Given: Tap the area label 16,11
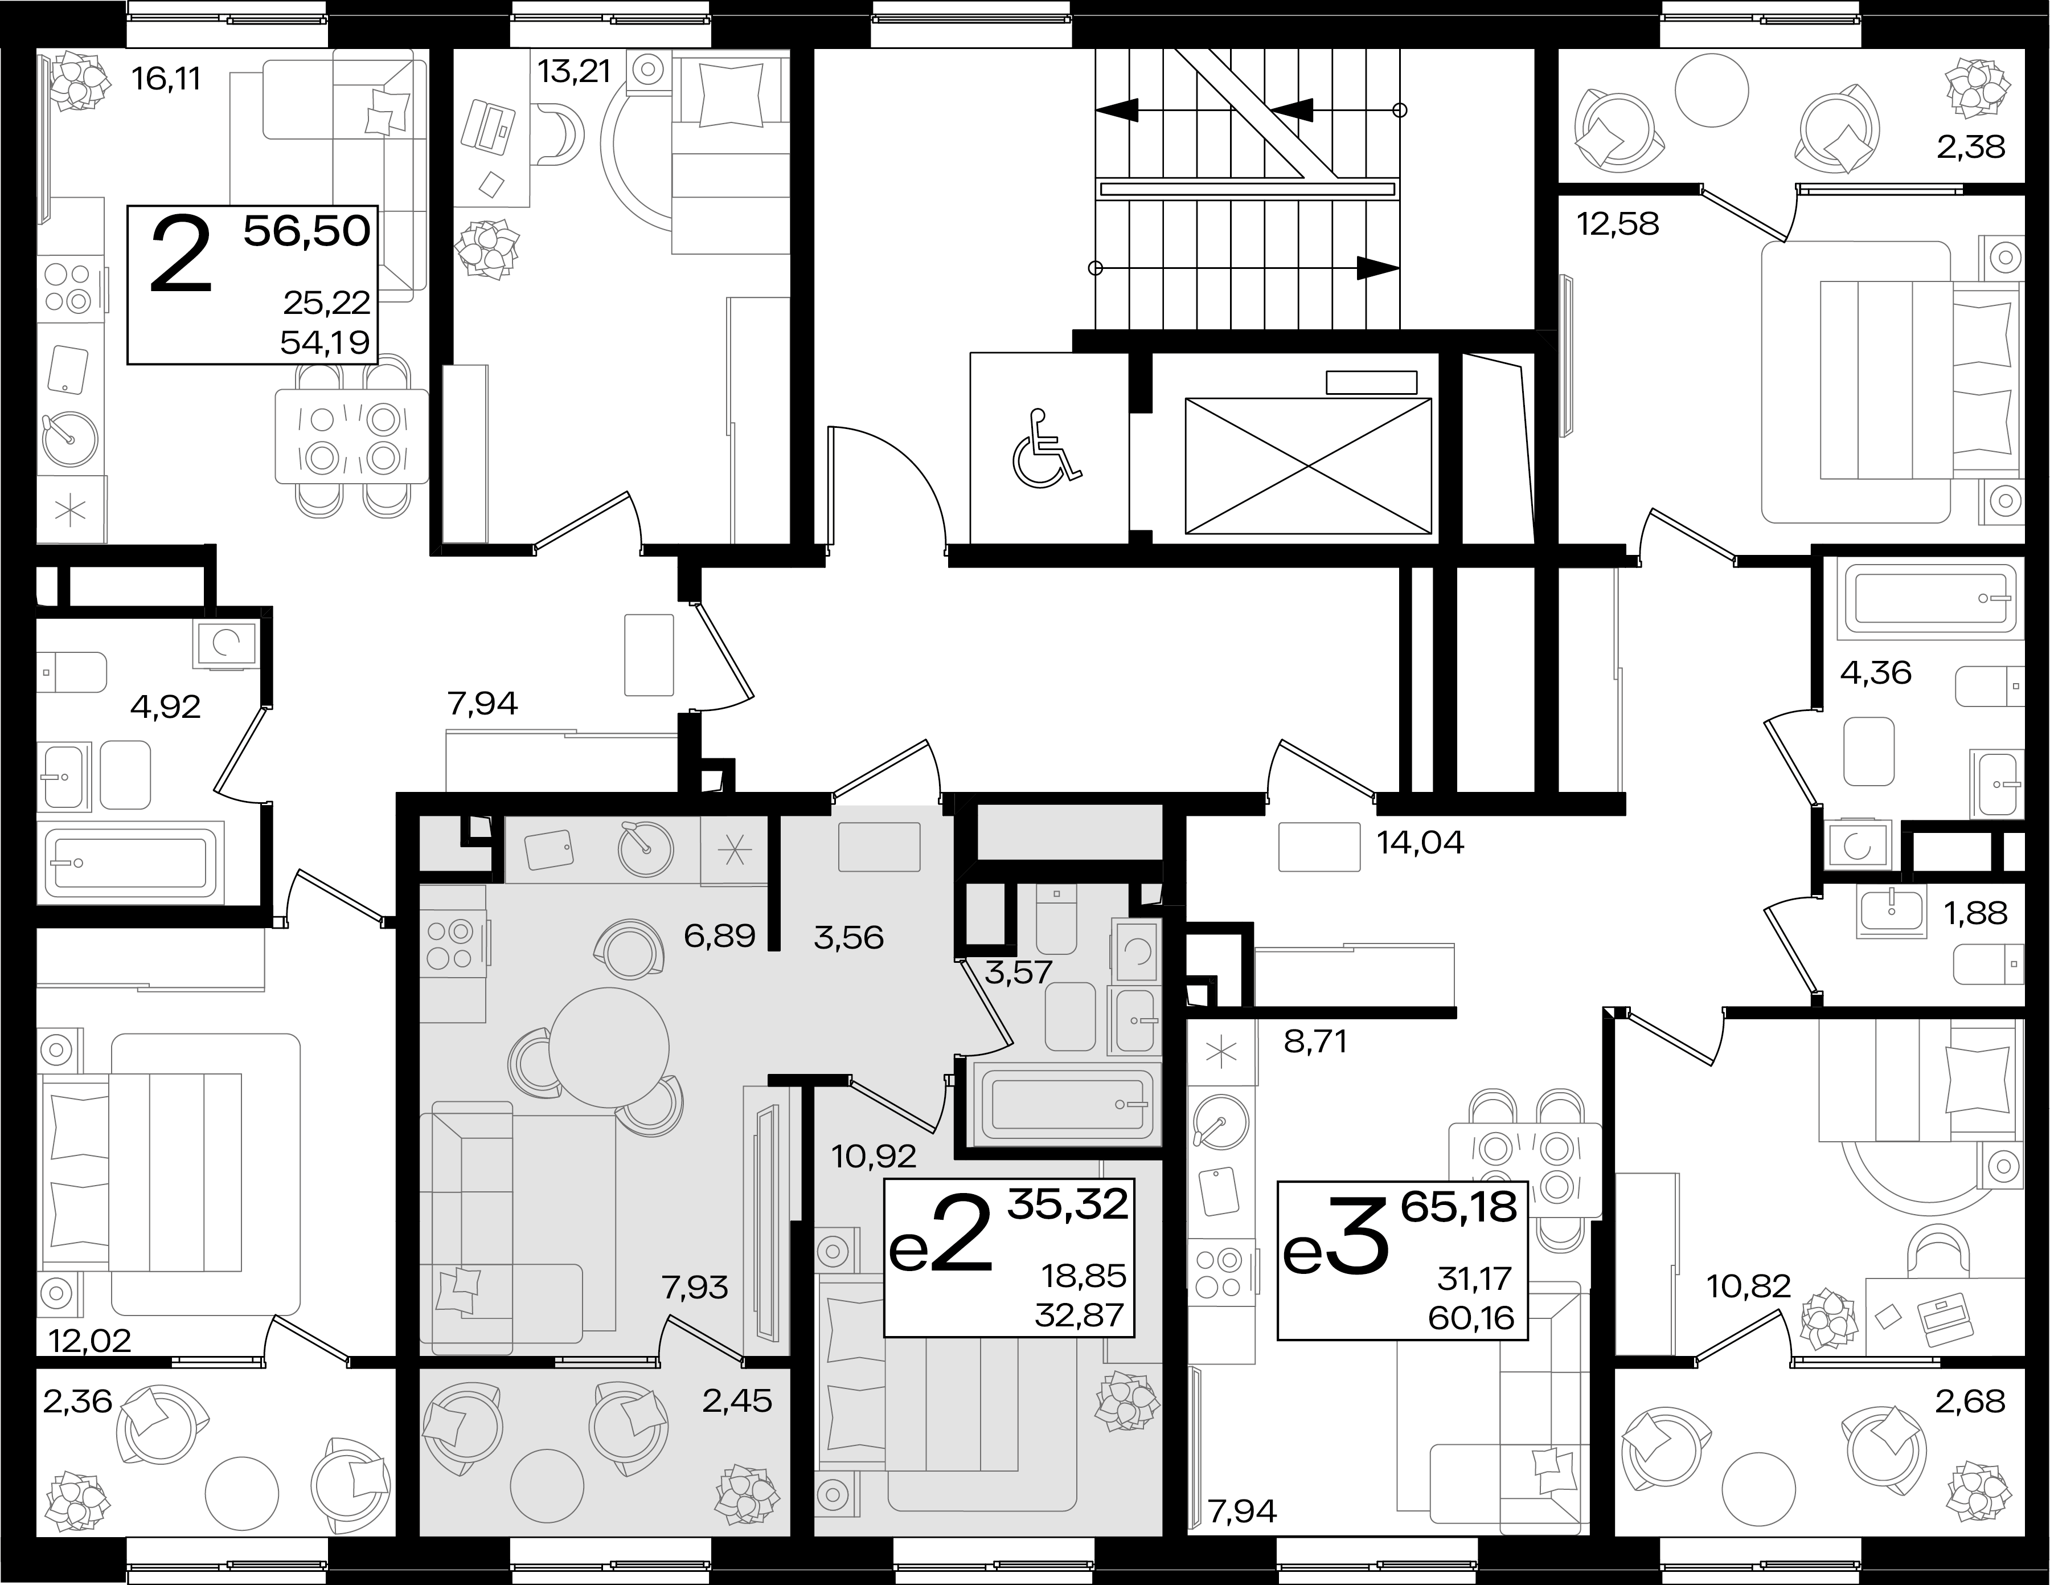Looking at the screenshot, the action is tap(166, 79).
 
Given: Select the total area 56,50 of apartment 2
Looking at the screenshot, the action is tap(307, 230).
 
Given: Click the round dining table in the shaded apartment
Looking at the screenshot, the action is tap(608, 1047).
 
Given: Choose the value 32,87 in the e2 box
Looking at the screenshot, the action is tap(1080, 1314).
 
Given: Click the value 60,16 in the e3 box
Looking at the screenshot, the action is tap(1472, 1318).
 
